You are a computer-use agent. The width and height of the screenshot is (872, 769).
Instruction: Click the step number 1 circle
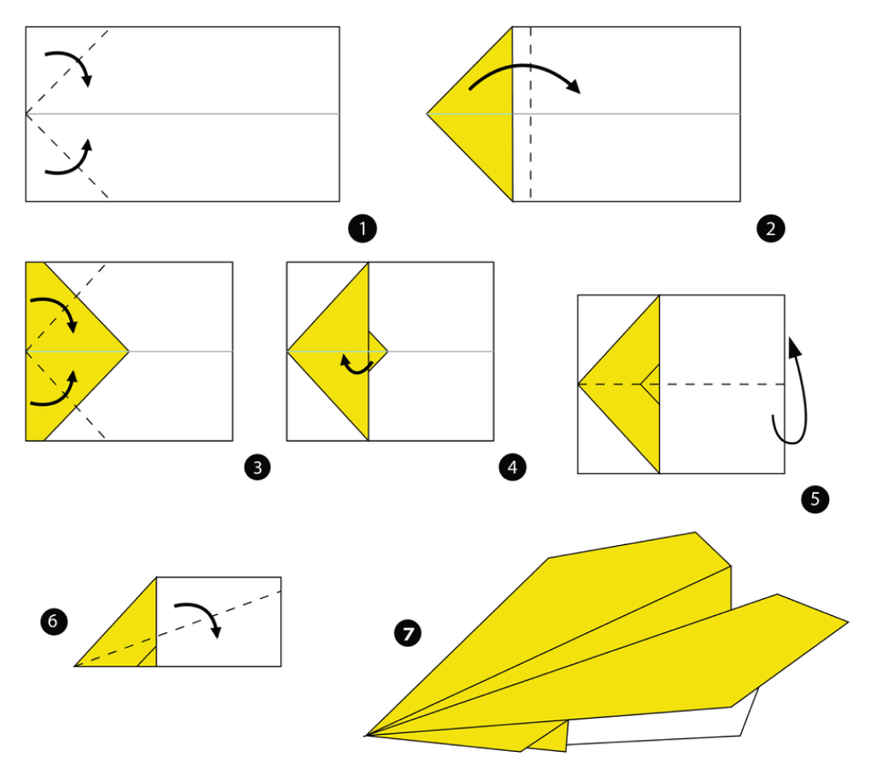362,228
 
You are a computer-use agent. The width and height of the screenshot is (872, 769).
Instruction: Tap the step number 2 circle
771,228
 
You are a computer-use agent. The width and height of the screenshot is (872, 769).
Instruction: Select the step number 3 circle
257,467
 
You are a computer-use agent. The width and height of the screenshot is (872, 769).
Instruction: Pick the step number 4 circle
512,467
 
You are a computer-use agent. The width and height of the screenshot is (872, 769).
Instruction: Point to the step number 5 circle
815,498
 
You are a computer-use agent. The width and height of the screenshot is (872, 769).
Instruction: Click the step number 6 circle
54,620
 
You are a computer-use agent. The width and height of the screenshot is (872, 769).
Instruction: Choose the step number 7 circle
408,633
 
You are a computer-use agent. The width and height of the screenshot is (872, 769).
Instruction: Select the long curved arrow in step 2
526,66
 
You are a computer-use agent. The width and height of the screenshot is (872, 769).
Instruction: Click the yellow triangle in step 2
484,114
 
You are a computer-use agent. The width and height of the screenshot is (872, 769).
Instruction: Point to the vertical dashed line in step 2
531,114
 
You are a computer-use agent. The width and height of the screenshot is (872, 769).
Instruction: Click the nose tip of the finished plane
365,736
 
